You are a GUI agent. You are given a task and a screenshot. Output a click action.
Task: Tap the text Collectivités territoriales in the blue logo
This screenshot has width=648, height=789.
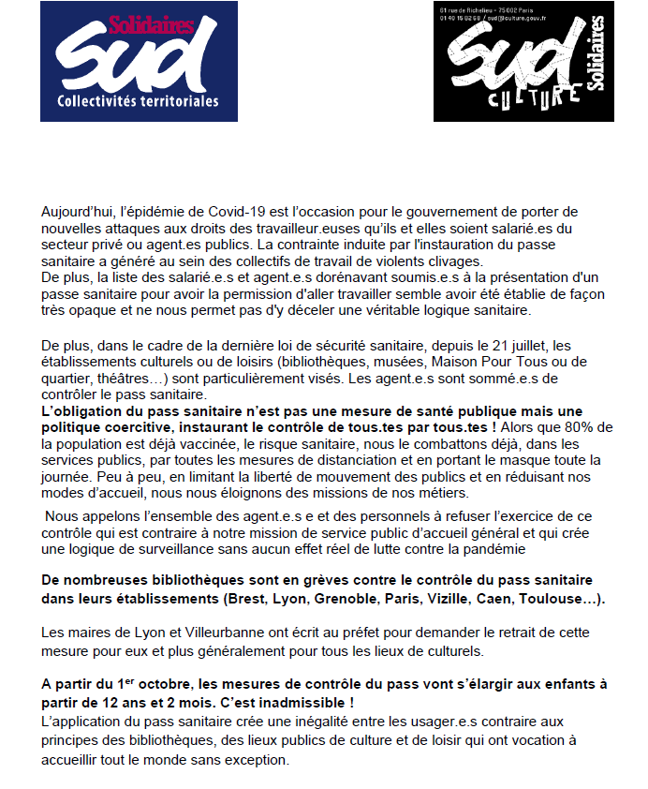point(138,100)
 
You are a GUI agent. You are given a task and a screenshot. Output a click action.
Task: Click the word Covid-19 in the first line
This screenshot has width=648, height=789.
point(235,213)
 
